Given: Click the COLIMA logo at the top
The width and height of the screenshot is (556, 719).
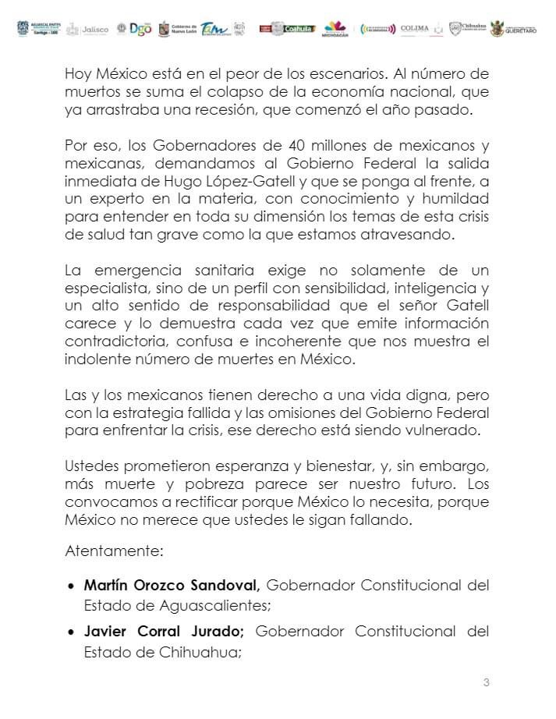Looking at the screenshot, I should pos(414,29).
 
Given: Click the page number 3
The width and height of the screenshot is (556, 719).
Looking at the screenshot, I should pos(486,683).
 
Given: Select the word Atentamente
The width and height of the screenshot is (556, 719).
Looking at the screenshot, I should pos(113,551).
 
